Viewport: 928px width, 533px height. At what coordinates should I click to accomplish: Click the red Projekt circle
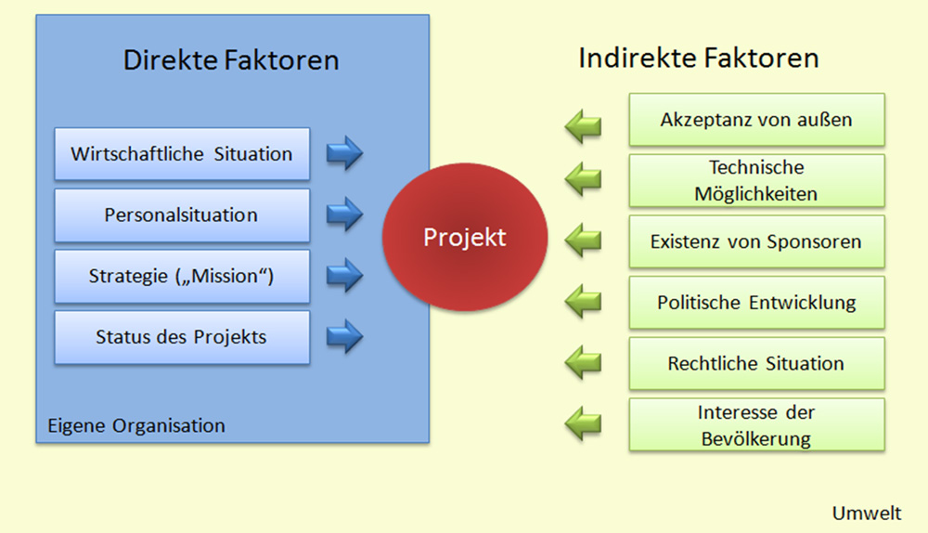464,238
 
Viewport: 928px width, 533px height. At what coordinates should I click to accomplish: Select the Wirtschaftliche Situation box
182,154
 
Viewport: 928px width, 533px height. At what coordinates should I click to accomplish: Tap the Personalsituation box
182,215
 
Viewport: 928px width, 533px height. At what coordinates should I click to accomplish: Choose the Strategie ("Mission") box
182,276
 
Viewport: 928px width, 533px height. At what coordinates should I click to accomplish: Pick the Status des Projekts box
182,337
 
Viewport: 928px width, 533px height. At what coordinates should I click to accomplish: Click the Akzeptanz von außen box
756,120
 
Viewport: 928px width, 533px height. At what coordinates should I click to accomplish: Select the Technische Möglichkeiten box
756,181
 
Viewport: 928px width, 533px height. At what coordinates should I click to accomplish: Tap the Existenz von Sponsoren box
756,242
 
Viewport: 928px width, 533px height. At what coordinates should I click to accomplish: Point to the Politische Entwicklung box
756,303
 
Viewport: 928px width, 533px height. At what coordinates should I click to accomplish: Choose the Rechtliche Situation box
756,363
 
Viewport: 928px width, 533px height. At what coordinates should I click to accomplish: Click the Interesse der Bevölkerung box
756,425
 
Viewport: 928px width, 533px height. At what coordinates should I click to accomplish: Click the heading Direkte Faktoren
231,61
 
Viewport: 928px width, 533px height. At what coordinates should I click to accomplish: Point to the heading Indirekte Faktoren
699,58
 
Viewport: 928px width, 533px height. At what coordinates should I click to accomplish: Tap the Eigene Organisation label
136,426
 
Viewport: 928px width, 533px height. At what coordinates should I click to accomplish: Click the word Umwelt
866,513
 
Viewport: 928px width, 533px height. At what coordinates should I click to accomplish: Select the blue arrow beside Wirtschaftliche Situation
344,154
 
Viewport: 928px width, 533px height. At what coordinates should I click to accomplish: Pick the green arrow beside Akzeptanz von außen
584,126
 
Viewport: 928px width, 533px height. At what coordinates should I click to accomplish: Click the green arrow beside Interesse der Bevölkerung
584,422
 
